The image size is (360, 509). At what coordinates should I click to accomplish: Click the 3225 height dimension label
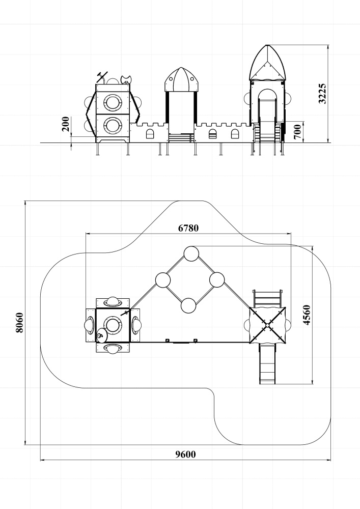point(322,94)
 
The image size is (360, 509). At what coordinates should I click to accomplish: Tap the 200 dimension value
point(66,124)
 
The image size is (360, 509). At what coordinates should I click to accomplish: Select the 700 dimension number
point(297,131)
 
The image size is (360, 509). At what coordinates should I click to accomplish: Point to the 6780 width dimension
point(188,228)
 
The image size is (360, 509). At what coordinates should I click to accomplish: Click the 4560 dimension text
point(307,315)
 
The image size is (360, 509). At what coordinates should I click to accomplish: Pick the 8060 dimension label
point(19,323)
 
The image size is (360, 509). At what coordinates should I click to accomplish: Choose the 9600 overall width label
point(186,455)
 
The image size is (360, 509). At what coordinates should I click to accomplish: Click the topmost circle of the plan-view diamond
point(191,254)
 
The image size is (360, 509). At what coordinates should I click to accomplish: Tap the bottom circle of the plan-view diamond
point(188,305)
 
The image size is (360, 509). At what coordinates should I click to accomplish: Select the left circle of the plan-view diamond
point(163,280)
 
